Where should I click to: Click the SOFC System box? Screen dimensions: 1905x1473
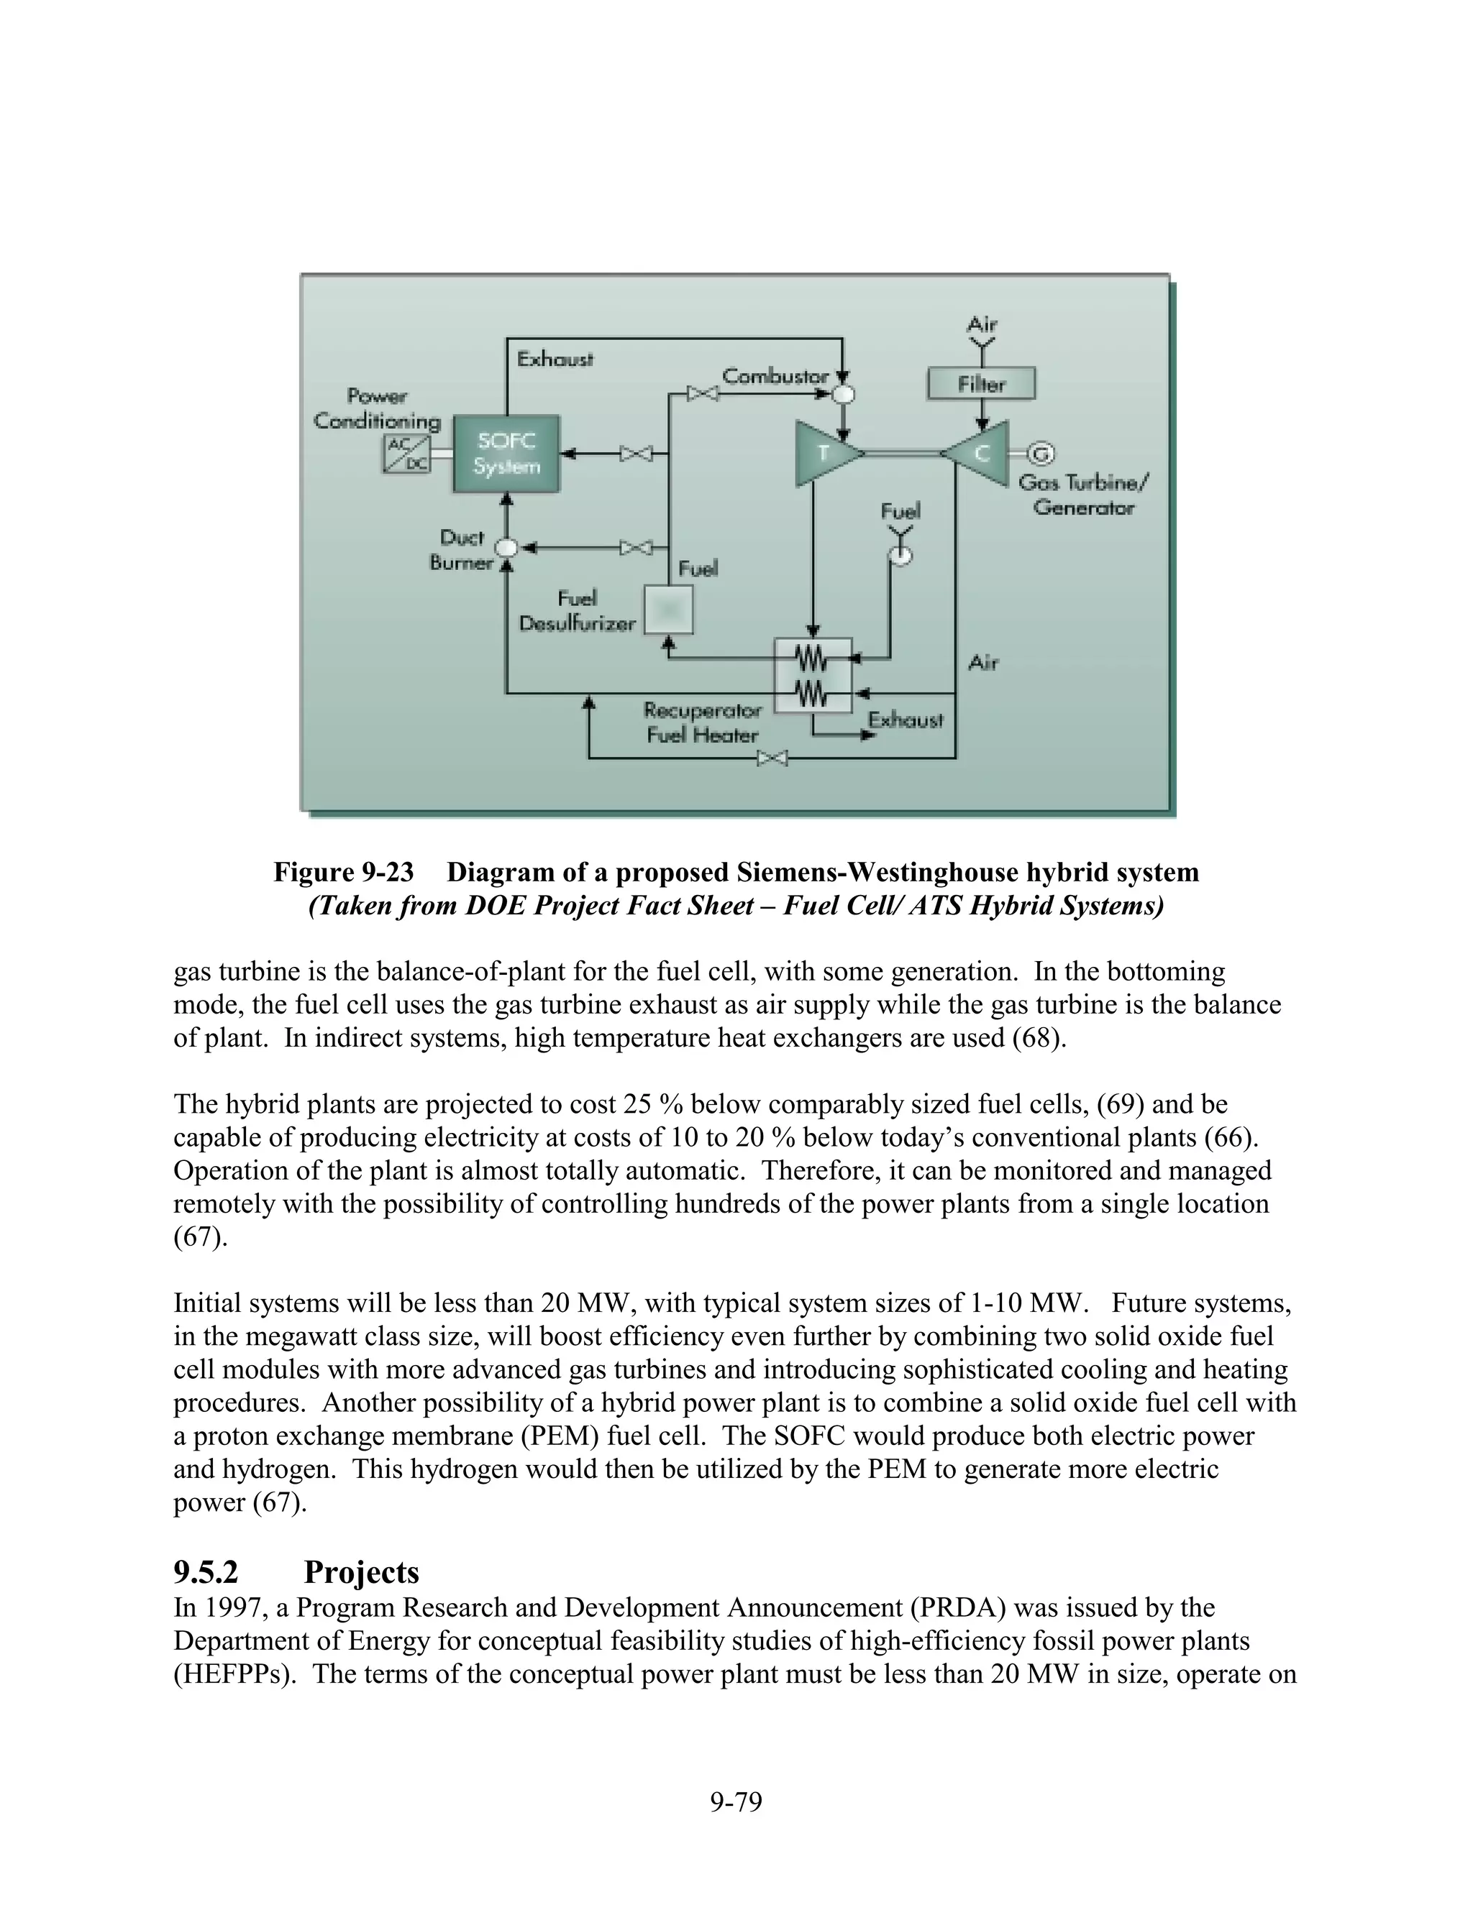(506, 454)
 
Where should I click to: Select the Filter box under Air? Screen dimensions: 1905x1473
(981, 384)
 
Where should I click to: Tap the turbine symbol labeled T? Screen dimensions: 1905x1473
(825, 454)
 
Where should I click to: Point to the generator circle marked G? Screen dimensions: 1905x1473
(1040, 454)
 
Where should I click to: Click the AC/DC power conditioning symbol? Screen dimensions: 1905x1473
(406, 454)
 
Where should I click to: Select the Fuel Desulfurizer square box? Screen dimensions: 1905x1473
(667, 609)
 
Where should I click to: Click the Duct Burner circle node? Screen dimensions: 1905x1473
(505, 548)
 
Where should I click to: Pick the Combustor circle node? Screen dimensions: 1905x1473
(842, 394)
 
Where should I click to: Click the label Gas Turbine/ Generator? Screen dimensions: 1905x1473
(1085, 495)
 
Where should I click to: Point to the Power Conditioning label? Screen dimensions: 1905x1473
(377, 408)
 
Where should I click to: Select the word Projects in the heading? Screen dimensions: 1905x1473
(361, 1571)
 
